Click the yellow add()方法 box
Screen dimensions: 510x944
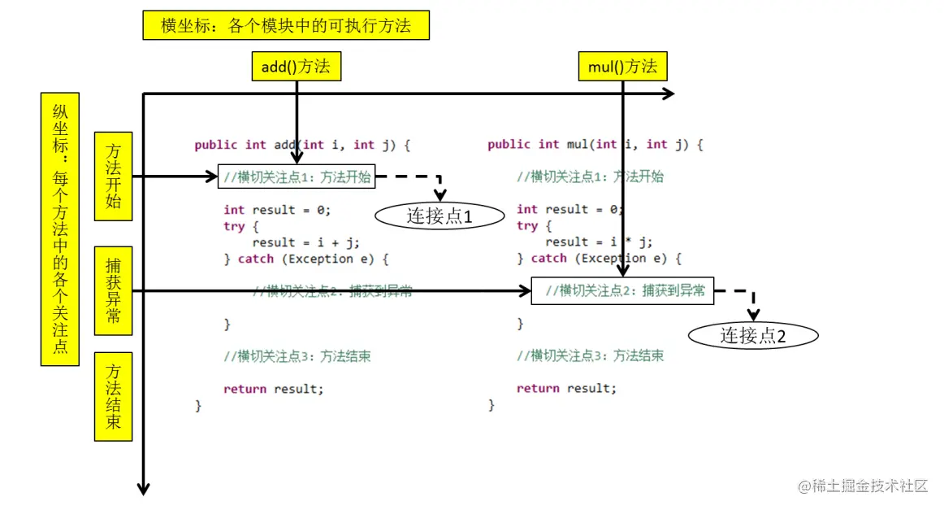click(296, 67)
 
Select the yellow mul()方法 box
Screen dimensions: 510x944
click(622, 67)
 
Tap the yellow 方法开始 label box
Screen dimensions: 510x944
click(113, 176)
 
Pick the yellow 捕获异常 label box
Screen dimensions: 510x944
click(113, 290)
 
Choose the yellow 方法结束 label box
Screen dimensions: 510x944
click(113, 396)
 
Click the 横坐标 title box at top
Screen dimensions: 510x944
click(285, 25)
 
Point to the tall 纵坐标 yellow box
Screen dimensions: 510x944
click(60, 229)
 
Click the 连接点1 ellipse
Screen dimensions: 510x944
click(440, 216)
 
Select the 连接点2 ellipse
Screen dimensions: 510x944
click(753, 335)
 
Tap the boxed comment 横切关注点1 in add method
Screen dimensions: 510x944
click(297, 177)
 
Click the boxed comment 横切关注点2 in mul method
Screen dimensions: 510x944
click(622, 290)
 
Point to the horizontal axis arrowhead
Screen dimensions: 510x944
click(668, 94)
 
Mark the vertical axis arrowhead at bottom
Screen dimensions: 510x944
click(144, 488)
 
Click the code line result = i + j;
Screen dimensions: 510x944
click(305, 242)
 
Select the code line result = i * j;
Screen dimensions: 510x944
click(599, 242)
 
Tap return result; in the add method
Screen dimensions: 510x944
click(274, 389)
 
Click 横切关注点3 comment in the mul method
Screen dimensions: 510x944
click(591, 355)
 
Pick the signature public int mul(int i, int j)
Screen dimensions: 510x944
click(595, 145)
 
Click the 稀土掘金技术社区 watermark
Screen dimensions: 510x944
click(863, 486)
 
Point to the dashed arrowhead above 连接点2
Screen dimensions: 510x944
click(753, 315)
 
